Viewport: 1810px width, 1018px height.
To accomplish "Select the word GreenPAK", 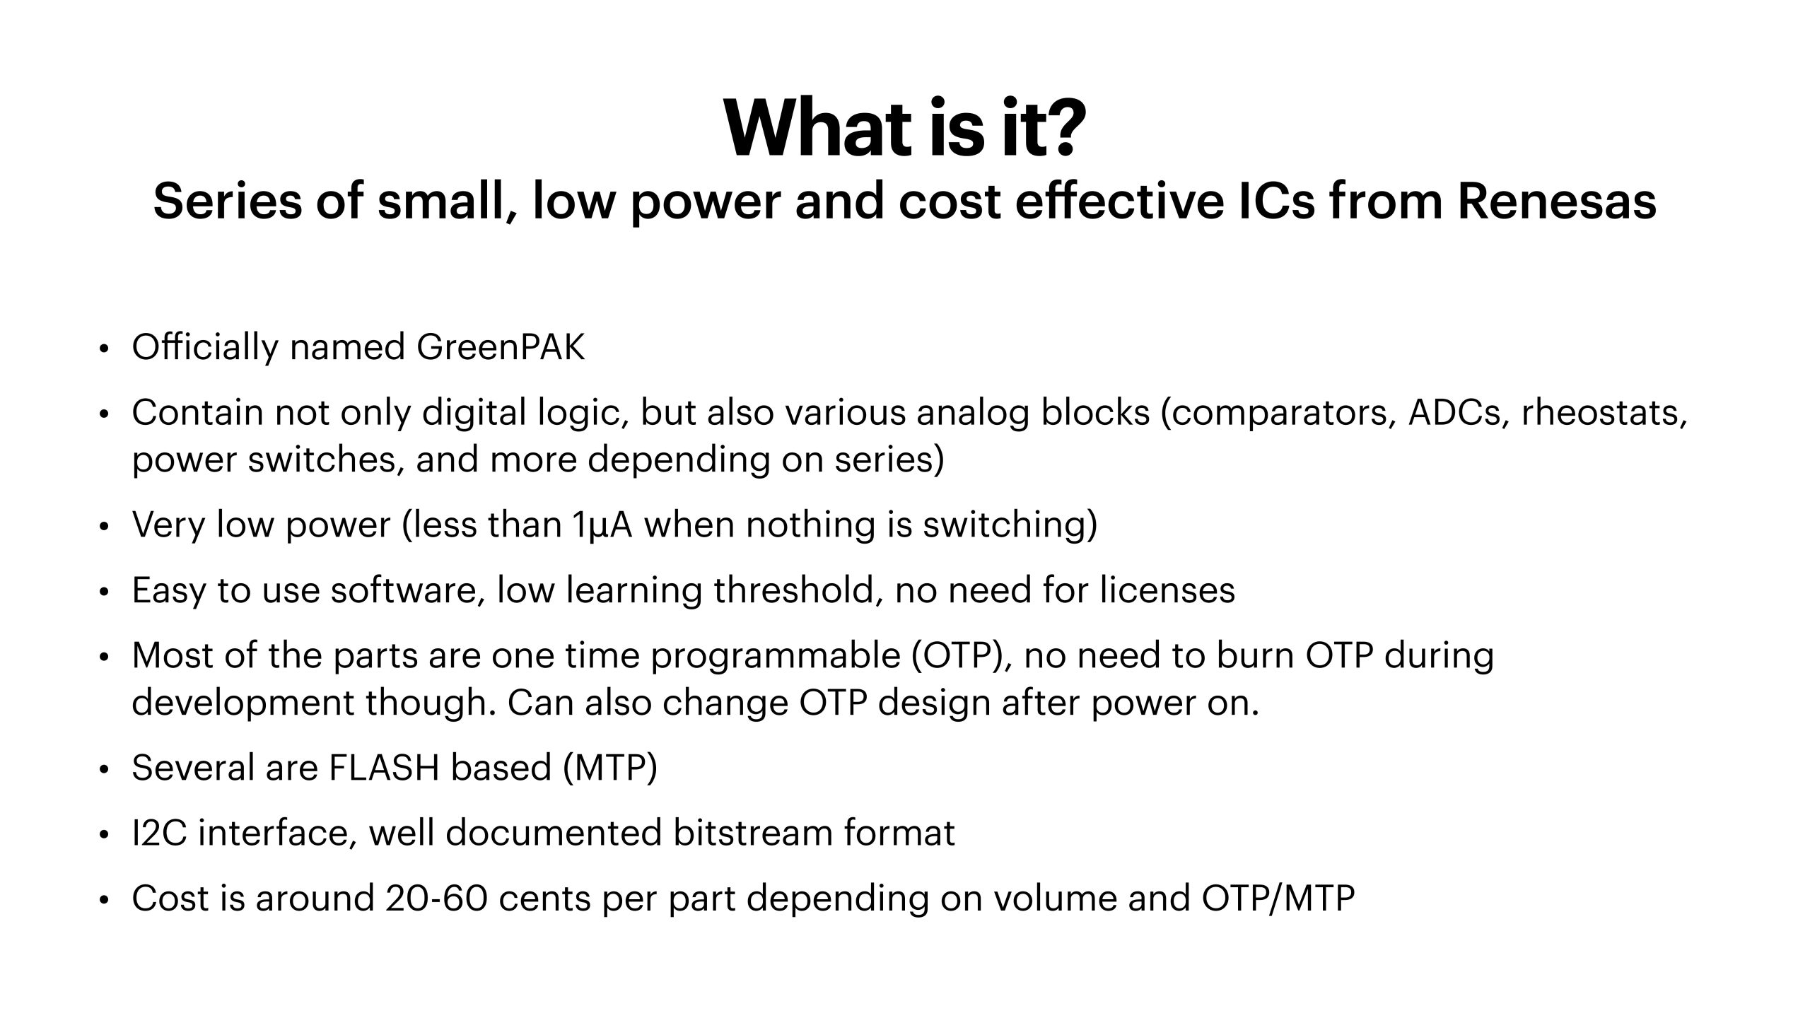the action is (501, 347).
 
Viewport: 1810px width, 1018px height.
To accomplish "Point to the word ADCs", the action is (1459, 413).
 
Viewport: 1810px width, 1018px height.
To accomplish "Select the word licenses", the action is (1167, 590).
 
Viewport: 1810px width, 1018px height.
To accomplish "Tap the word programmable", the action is (775, 656).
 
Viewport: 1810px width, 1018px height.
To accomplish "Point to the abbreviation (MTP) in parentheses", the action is (611, 768).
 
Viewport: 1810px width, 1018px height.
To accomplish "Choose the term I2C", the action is (159, 833).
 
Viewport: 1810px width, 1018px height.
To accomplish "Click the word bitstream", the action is (752, 833).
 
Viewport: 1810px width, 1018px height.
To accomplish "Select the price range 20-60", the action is (436, 899).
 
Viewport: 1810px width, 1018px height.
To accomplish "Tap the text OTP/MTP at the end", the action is (1278, 899).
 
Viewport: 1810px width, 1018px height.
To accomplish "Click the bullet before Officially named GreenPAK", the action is (104, 349).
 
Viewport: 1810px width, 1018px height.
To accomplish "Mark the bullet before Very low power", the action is (104, 527).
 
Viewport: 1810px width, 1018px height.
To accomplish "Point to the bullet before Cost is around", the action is (104, 901).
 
